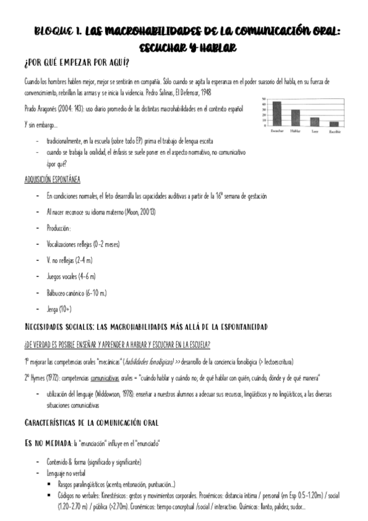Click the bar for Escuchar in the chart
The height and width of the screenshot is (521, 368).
[276, 113]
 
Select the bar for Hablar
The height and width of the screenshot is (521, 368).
[296, 117]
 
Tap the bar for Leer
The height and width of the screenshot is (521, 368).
[315, 121]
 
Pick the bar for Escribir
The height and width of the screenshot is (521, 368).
[334, 123]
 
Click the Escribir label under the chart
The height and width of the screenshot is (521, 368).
[334, 131]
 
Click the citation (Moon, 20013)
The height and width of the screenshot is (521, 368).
[140, 211]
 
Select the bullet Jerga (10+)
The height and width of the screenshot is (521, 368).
[59, 308]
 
